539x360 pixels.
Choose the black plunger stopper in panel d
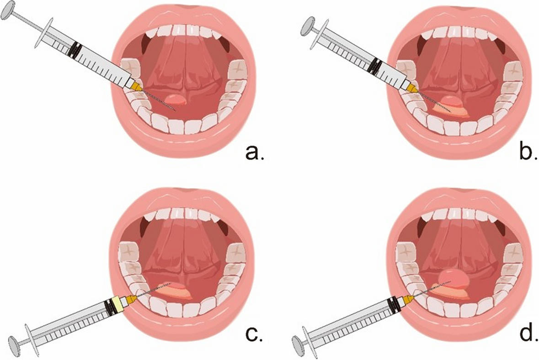[393, 303]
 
